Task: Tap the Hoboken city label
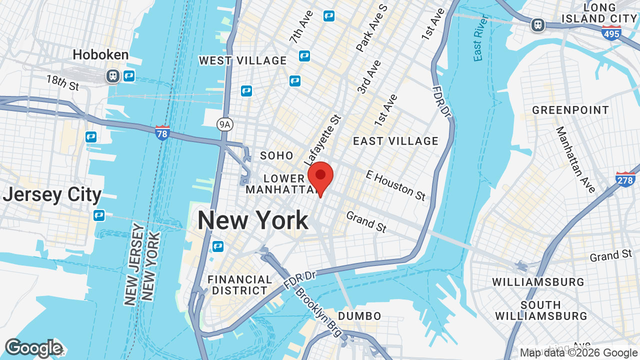100,54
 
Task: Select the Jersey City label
52,194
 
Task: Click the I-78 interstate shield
162,133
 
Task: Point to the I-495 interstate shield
611,33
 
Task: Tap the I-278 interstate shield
625,179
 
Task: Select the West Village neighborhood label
243,61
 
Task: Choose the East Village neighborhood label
395,141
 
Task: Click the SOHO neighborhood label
276,155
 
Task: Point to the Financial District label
240,285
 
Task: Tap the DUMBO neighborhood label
359,316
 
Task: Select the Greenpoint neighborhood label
570,110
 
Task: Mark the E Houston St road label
395,184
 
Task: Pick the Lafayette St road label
322,140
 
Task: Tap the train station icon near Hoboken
112,76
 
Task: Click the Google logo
33,348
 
